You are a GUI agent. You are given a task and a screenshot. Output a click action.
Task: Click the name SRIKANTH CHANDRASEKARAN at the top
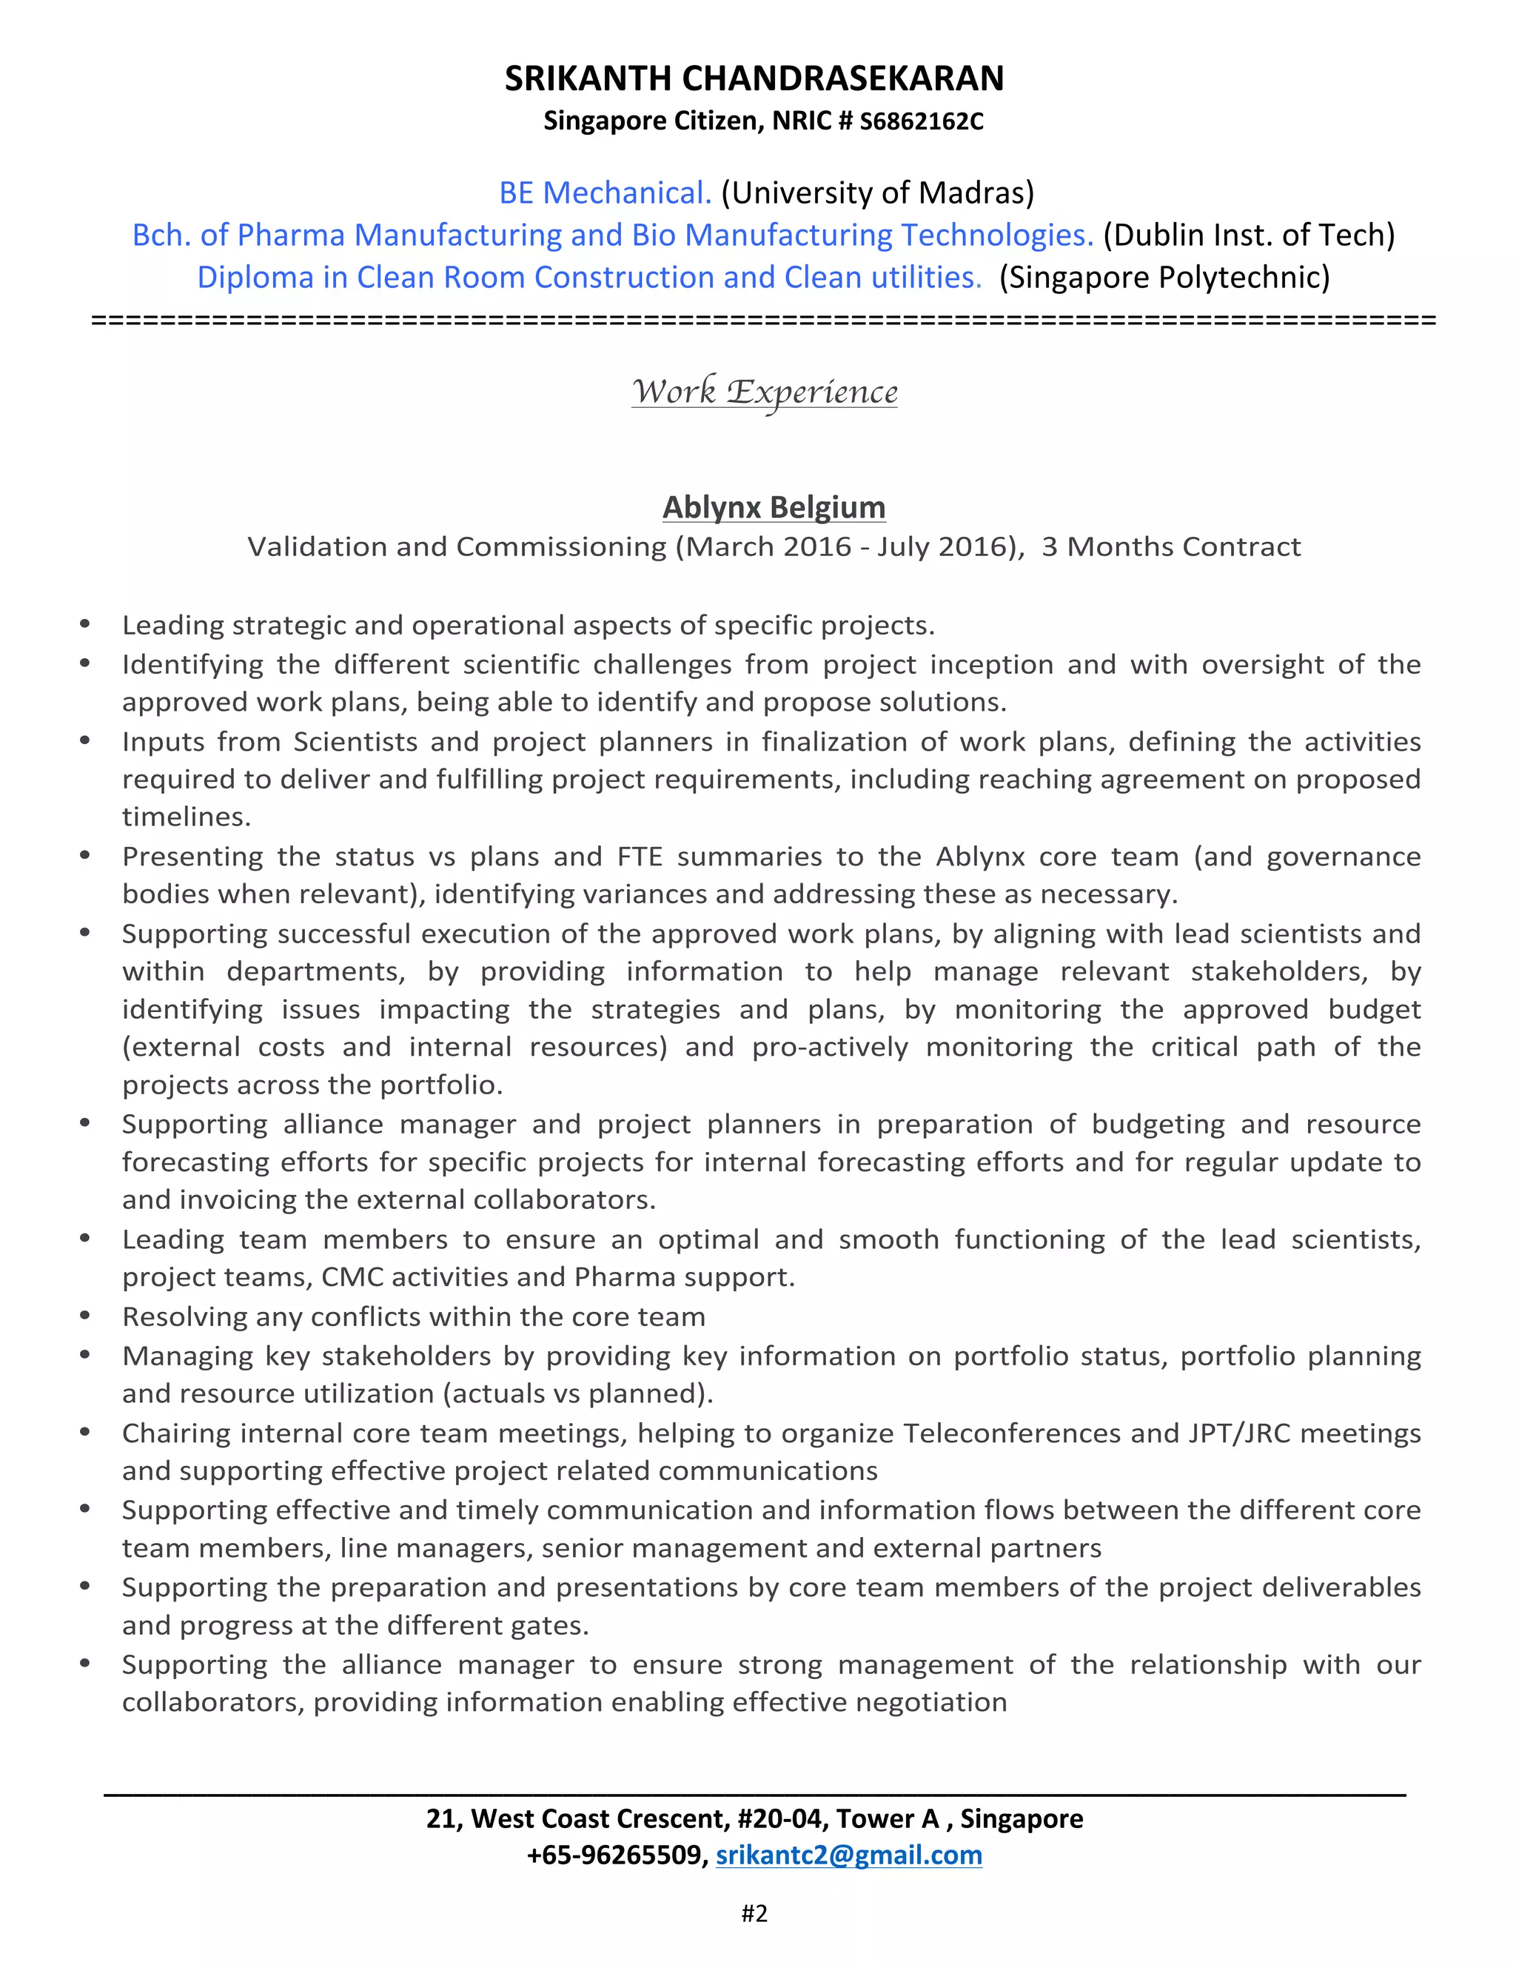754,79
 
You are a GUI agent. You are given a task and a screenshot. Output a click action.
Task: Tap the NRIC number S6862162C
922,121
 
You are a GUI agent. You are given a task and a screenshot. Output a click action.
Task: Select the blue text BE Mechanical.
606,192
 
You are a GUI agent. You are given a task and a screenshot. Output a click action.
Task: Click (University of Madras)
877,192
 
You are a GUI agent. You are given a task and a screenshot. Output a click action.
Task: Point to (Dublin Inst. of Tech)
1248,235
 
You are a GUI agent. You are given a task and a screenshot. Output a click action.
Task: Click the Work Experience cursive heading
764,392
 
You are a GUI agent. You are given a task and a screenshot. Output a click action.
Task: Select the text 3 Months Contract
1171,546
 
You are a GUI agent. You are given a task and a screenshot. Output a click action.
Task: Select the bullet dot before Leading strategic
85,623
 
